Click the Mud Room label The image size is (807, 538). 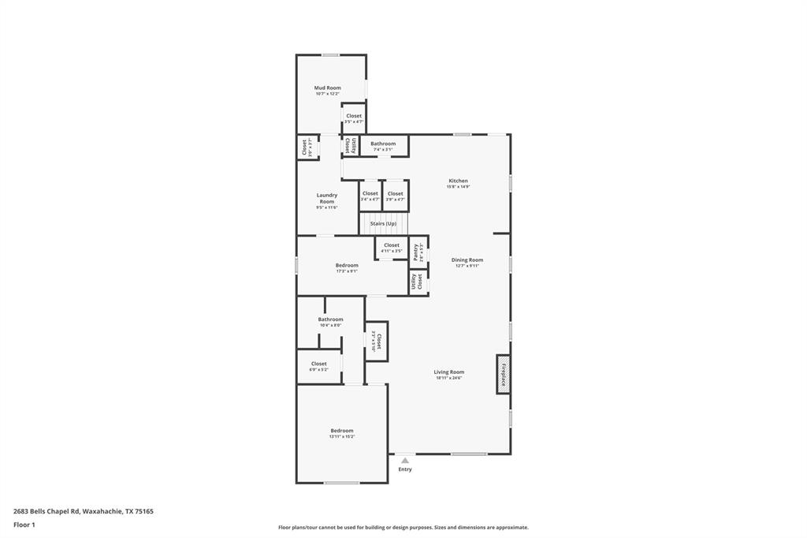point(327,88)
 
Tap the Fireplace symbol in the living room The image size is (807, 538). point(503,374)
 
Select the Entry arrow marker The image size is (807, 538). point(404,460)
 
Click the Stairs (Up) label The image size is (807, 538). point(383,223)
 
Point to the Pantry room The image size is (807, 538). point(418,252)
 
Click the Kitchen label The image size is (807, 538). point(458,181)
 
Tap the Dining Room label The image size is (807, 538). point(467,260)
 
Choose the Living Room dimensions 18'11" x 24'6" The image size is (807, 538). point(448,379)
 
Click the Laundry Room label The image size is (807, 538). point(326,199)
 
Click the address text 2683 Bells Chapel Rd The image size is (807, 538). point(84,511)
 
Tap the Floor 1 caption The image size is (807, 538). point(24,525)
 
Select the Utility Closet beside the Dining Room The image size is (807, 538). point(418,282)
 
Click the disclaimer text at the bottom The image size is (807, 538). point(403,528)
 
